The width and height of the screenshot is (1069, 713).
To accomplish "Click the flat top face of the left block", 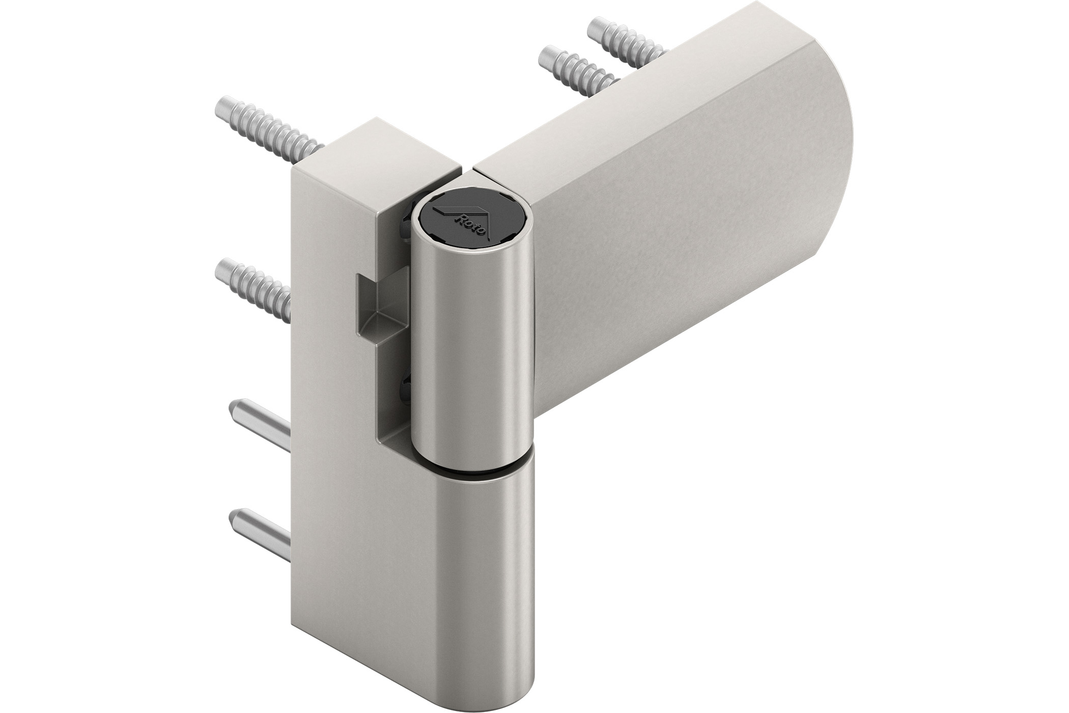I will click(x=377, y=148).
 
